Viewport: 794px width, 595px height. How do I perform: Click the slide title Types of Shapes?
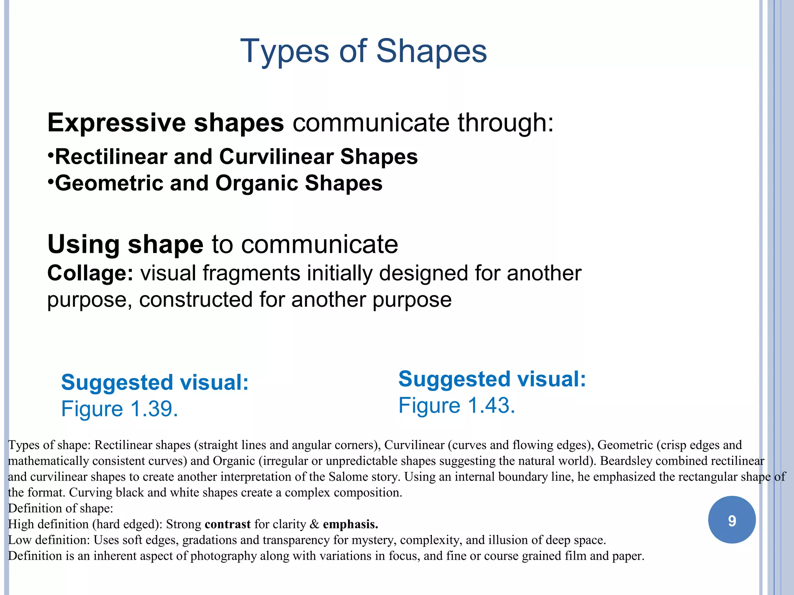tap(363, 51)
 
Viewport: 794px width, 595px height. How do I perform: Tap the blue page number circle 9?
tap(732, 520)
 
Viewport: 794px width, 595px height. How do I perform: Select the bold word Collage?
tap(90, 273)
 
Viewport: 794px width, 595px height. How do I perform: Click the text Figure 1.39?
tap(119, 409)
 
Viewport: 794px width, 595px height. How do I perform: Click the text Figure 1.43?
tap(457, 405)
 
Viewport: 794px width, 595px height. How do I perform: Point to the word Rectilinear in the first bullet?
tap(111, 157)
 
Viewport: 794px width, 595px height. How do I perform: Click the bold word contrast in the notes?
tap(228, 524)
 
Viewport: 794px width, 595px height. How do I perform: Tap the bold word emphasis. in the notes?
tap(350, 524)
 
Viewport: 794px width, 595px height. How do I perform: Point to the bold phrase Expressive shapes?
tap(166, 123)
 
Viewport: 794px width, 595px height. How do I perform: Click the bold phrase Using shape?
tap(125, 244)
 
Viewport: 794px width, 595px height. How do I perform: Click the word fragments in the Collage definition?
tap(251, 273)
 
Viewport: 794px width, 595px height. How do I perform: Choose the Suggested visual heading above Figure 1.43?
tap(492, 379)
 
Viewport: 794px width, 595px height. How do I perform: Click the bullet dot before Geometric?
tap(50, 181)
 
